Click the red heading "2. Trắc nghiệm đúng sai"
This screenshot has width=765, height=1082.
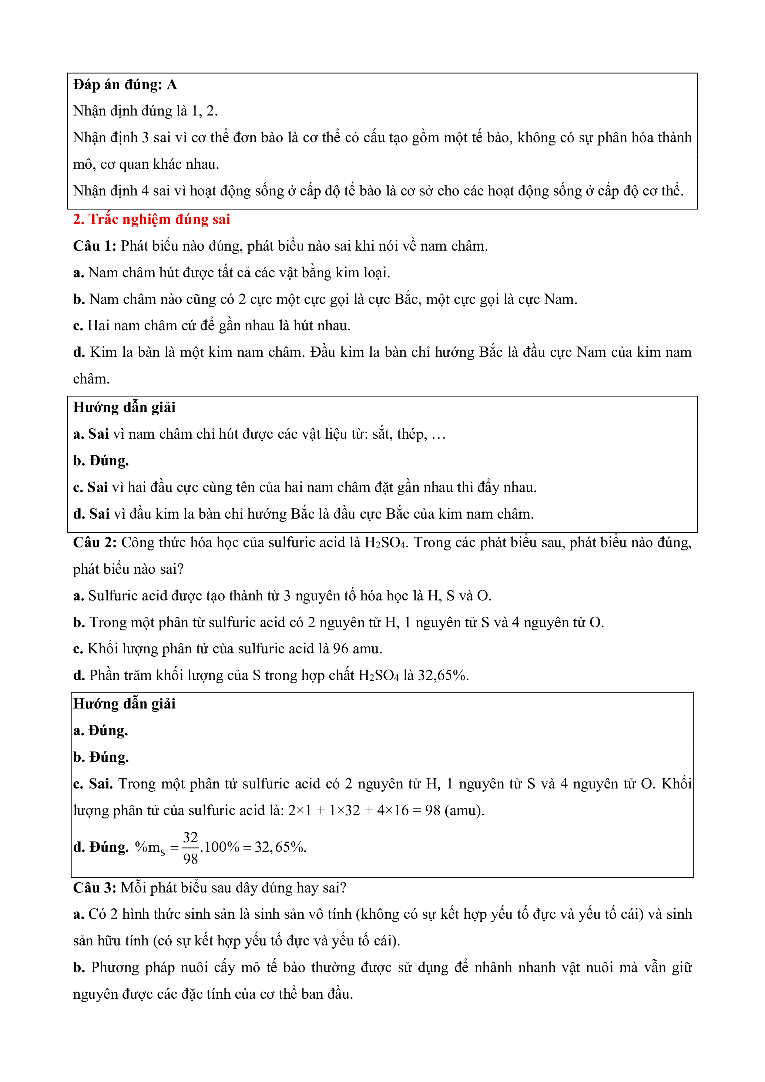pos(151,219)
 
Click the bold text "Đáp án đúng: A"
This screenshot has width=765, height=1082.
pos(125,85)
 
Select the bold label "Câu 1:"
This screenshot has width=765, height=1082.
pos(94,246)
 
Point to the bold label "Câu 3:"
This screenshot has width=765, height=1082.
pos(94,888)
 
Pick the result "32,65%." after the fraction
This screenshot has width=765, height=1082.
pos(280,847)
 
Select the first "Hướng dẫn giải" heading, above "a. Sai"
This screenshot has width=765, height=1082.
pos(124,408)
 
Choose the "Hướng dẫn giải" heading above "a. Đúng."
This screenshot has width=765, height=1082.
pos(124,704)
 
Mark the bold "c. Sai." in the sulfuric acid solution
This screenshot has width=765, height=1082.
pos(93,784)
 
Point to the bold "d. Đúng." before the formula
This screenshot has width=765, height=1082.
pos(101,847)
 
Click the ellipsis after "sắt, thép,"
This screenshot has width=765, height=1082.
pos(439,435)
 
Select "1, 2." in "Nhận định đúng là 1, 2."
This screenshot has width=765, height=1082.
pos(204,111)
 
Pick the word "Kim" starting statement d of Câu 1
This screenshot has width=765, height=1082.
pos(100,352)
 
